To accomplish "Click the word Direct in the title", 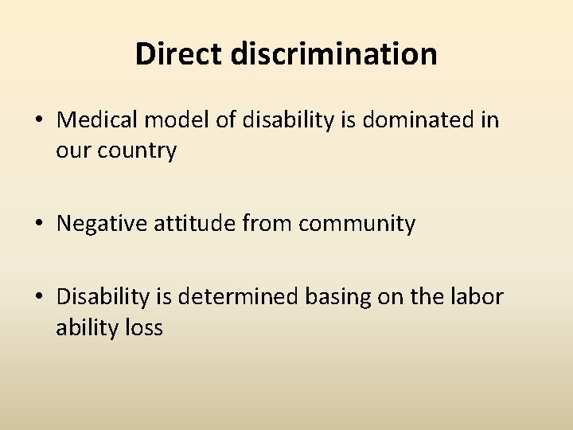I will (180, 54).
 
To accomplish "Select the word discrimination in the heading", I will (334, 54).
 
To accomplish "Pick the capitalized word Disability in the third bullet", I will (102, 297).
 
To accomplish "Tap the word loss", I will (143, 326).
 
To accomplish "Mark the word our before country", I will (76, 150).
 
